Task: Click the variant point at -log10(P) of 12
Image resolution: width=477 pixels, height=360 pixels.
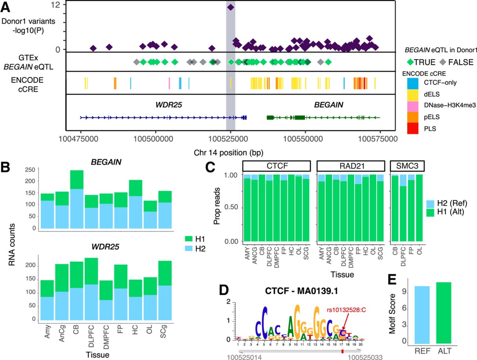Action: [231, 7]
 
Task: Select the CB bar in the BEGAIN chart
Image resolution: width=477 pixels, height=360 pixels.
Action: [77, 199]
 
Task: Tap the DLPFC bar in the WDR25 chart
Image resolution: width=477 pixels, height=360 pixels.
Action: [91, 289]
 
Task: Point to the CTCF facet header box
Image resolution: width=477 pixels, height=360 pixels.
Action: [277, 166]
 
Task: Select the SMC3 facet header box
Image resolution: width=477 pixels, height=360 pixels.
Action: [407, 166]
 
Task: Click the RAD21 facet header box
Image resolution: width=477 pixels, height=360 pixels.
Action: [351, 166]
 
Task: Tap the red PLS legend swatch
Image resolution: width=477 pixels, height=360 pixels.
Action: [413, 128]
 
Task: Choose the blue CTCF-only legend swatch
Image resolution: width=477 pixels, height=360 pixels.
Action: [413, 83]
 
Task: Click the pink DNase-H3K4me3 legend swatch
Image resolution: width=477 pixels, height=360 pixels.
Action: [413, 105]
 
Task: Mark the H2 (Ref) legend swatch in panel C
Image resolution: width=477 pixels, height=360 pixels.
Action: [431, 203]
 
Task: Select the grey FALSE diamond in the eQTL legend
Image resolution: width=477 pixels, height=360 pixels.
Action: [443, 62]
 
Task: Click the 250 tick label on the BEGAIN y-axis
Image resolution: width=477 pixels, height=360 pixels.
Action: [30, 170]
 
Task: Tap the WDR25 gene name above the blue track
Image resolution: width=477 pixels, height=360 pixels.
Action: [169, 105]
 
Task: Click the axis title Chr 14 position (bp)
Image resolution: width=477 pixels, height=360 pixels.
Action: [228, 153]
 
